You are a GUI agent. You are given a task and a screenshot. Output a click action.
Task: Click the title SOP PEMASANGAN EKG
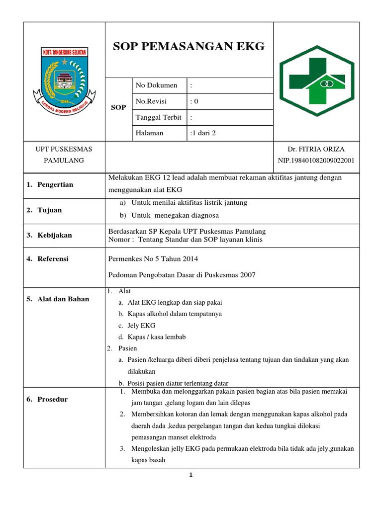[x=189, y=47]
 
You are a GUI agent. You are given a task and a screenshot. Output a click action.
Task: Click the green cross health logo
[x=316, y=81]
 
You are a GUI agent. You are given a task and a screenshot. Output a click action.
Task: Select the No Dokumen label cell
[x=157, y=85]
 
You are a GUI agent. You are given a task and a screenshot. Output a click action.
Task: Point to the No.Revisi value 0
[x=194, y=101]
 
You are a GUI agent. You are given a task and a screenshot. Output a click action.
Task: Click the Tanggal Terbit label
[x=158, y=117]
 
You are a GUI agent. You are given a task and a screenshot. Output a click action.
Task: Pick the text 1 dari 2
[x=203, y=133]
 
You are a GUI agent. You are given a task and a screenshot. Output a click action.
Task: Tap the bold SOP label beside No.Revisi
[x=118, y=107]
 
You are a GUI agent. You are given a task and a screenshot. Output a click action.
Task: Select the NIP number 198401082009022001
[x=316, y=160]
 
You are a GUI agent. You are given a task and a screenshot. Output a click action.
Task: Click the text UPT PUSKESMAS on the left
[x=64, y=149]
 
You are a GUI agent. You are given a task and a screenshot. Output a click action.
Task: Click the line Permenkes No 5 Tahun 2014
[x=153, y=258]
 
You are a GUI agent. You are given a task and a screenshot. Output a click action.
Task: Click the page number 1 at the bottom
[x=191, y=475]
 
